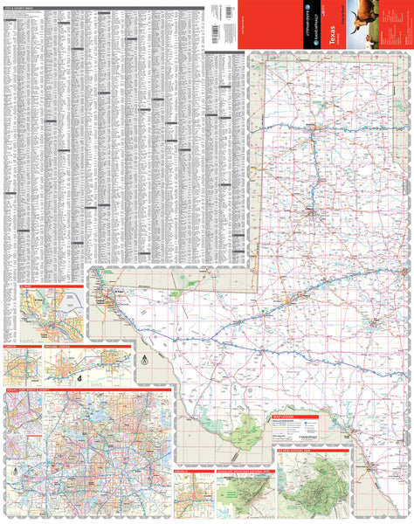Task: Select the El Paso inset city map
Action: (x=50, y=314)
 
